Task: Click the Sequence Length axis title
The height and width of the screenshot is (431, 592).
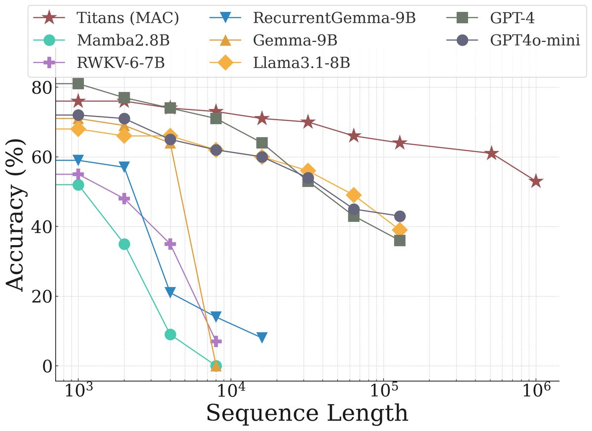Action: coord(307,413)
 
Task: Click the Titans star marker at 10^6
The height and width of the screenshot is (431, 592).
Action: coord(536,181)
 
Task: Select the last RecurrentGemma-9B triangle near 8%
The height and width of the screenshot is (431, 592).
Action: coord(262,338)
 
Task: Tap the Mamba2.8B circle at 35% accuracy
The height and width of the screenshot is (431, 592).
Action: coord(124,244)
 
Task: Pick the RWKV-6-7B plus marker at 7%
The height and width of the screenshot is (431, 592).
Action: coord(216,341)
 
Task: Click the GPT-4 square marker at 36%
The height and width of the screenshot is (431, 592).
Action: coord(400,241)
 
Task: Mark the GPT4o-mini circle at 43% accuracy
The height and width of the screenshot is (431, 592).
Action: coord(400,216)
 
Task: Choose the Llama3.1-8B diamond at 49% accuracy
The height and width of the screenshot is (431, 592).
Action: coord(354,195)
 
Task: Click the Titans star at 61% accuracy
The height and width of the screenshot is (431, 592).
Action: coord(491,153)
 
